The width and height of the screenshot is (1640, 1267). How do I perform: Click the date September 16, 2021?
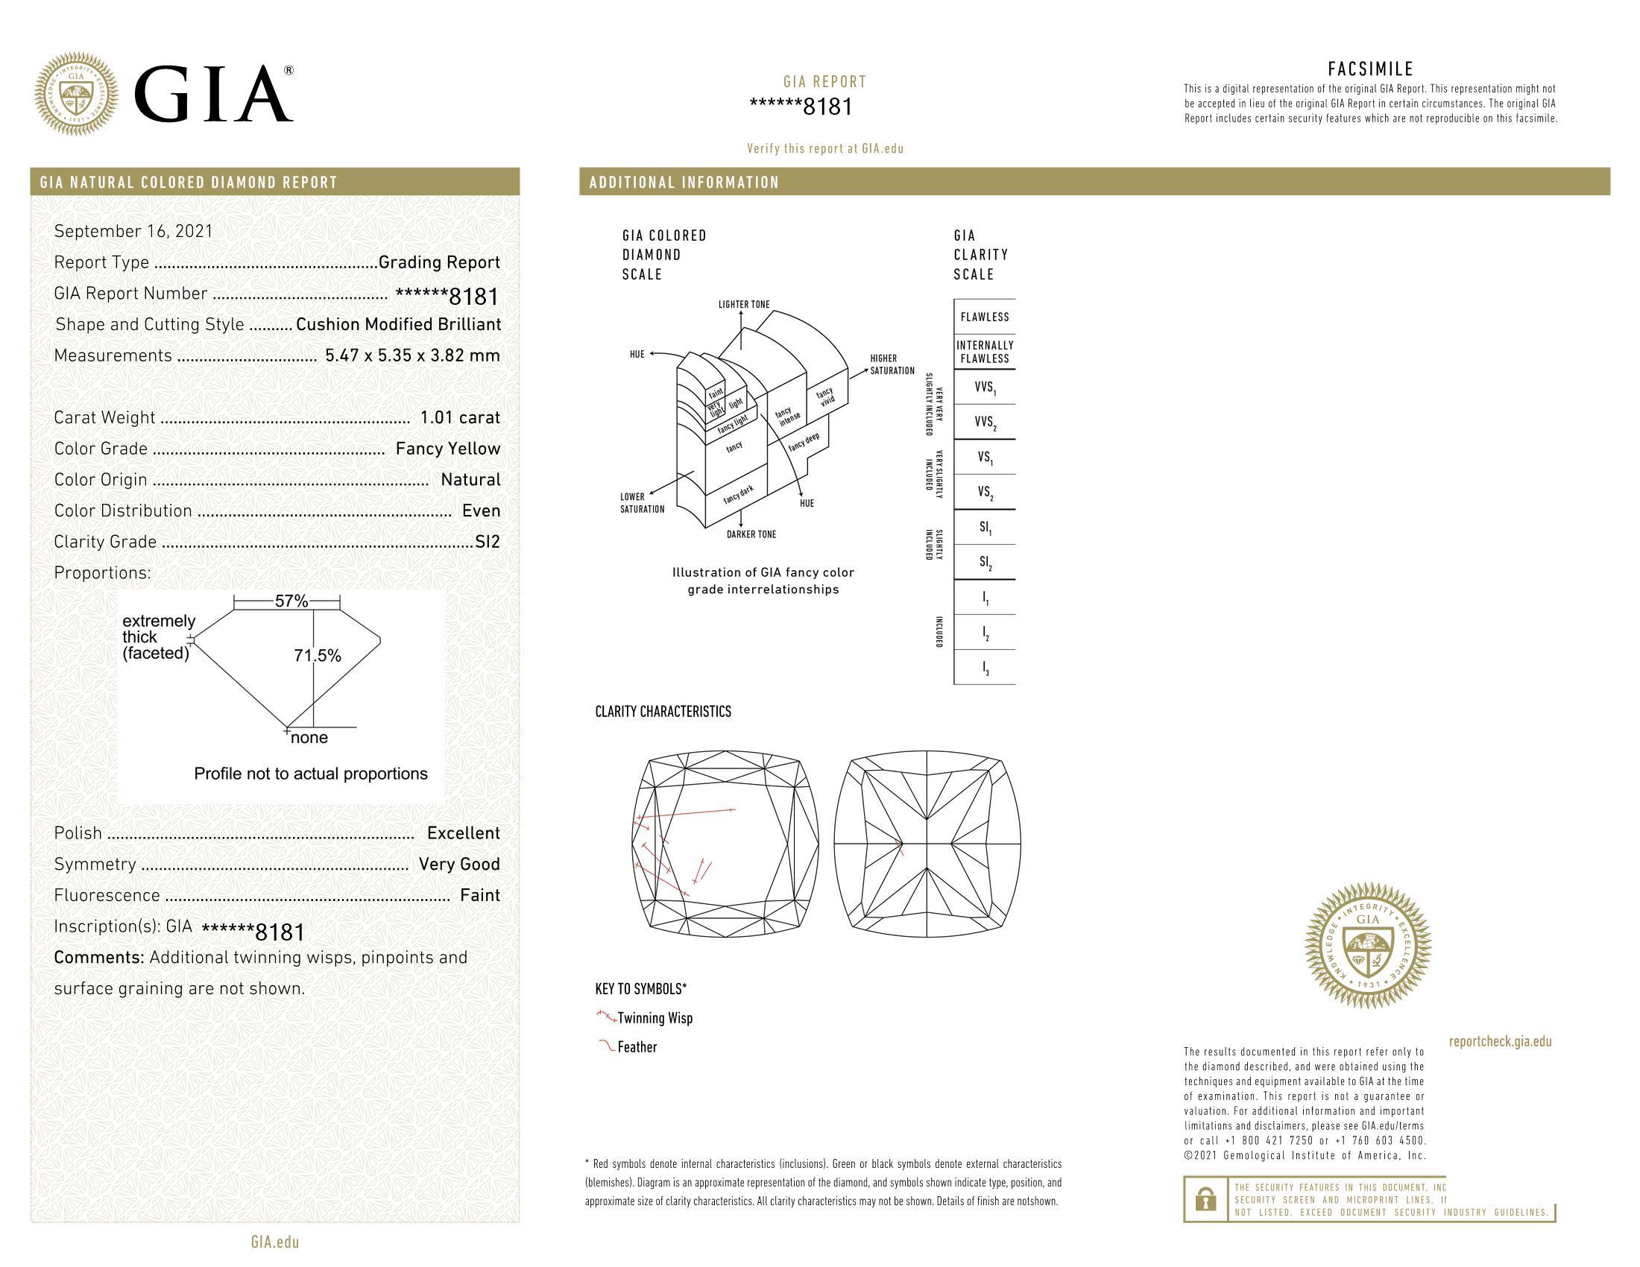click(x=133, y=231)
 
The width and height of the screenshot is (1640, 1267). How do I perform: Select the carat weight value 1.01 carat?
click(x=459, y=418)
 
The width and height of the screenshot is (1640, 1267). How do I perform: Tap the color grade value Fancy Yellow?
click(x=447, y=449)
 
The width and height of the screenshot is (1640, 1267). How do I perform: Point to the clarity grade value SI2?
click(x=488, y=542)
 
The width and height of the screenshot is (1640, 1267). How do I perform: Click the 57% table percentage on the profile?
click(x=291, y=601)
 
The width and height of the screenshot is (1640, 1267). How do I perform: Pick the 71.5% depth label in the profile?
click(x=317, y=656)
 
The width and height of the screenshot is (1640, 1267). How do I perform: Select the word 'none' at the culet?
click(x=309, y=738)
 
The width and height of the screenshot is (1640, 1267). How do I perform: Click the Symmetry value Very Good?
click(x=458, y=865)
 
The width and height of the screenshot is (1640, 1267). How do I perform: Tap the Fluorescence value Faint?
click(x=480, y=895)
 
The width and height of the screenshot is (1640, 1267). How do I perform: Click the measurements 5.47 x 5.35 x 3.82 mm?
click(x=412, y=356)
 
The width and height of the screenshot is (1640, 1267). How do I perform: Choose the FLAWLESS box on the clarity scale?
click(x=985, y=317)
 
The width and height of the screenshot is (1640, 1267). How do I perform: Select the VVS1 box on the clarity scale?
click(x=985, y=388)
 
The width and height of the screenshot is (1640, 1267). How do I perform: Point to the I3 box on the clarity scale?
click(x=985, y=668)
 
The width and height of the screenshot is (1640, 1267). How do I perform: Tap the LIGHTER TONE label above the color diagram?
click(x=743, y=305)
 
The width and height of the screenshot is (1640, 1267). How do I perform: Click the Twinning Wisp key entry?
click(x=654, y=1019)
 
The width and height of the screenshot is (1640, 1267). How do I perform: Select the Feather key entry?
click(x=637, y=1047)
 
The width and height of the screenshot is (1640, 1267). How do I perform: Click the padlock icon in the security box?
click(x=1205, y=1199)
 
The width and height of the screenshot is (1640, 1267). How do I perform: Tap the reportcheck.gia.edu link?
click(x=1500, y=1042)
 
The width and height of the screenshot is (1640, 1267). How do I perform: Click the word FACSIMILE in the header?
click(x=1370, y=70)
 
